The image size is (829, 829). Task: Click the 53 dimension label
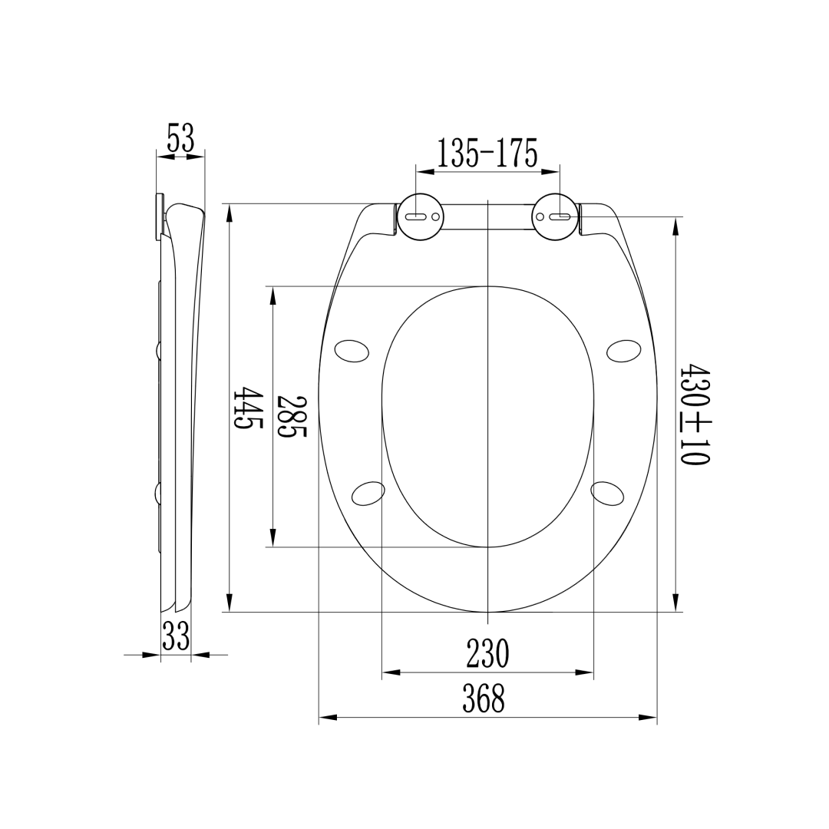coord(181,139)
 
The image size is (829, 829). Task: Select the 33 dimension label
coord(176,636)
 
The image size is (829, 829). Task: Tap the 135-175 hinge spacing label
coord(487,154)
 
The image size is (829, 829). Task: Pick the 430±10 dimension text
coord(695,415)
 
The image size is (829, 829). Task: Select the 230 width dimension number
coord(487,654)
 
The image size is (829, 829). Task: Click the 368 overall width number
coord(484,699)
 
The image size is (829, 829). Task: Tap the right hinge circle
coord(555,216)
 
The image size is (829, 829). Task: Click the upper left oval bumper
coord(352,351)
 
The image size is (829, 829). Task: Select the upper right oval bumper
coord(624,351)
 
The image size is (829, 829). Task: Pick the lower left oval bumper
coord(368,494)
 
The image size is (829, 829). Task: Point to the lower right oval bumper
coord(607,494)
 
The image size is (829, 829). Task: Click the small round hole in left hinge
coord(436,217)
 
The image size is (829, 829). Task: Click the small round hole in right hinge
coord(540,217)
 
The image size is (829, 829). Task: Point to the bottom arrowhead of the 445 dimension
coord(230,603)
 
